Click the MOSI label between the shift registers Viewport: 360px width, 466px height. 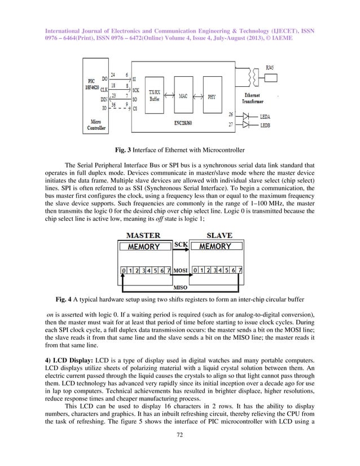180,270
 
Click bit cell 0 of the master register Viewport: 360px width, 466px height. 124,270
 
